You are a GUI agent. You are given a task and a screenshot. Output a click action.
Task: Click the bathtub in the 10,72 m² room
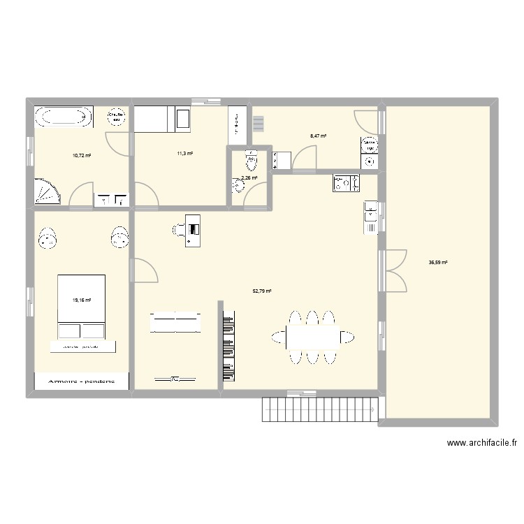pyautogui.click(x=64, y=117)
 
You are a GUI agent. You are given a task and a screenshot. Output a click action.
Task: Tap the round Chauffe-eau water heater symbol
pyautogui.click(x=116, y=117)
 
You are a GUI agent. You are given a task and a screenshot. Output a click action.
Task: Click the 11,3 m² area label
pyautogui.click(x=185, y=154)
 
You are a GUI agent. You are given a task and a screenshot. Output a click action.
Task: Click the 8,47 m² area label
pyautogui.click(x=319, y=137)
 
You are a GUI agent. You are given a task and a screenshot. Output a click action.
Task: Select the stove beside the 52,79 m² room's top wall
pyautogui.click(x=346, y=183)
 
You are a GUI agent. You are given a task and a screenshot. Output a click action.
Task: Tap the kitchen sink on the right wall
pyautogui.click(x=370, y=217)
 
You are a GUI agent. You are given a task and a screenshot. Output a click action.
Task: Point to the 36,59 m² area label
pyautogui.click(x=438, y=263)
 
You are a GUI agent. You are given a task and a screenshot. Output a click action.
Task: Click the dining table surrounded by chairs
pyautogui.click(x=312, y=337)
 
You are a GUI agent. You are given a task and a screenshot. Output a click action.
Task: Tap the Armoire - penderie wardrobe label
pyautogui.click(x=82, y=382)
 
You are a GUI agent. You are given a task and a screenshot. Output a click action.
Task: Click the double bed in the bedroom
pyautogui.click(x=82, y=307)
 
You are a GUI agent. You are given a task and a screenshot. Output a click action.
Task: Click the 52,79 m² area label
pyautogui.click(x=262, y=291)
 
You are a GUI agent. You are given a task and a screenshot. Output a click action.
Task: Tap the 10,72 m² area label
pyautogui.click(x=82, y=155)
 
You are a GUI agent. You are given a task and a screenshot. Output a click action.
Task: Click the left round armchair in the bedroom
pyautogui.click(x=49, y=239)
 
